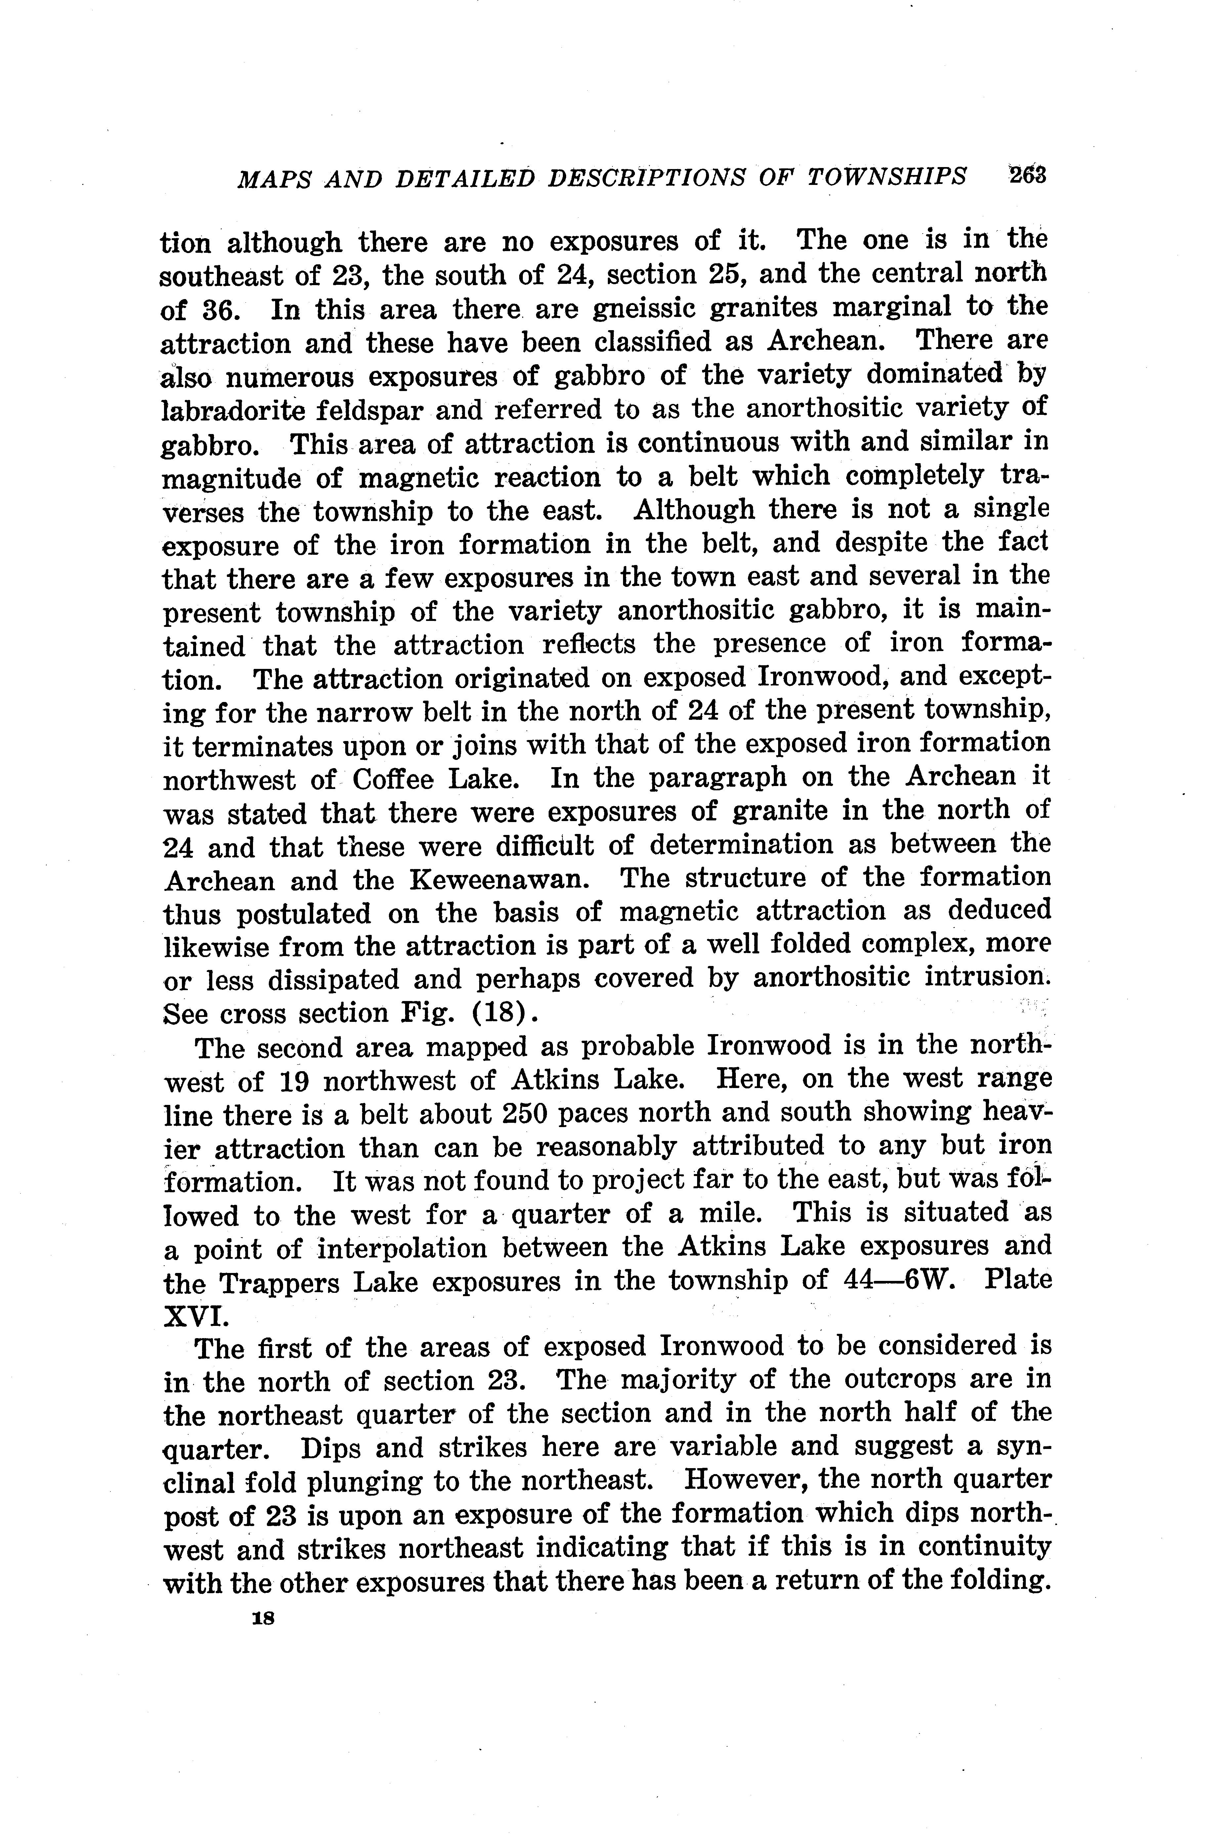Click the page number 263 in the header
(1025, 175)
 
